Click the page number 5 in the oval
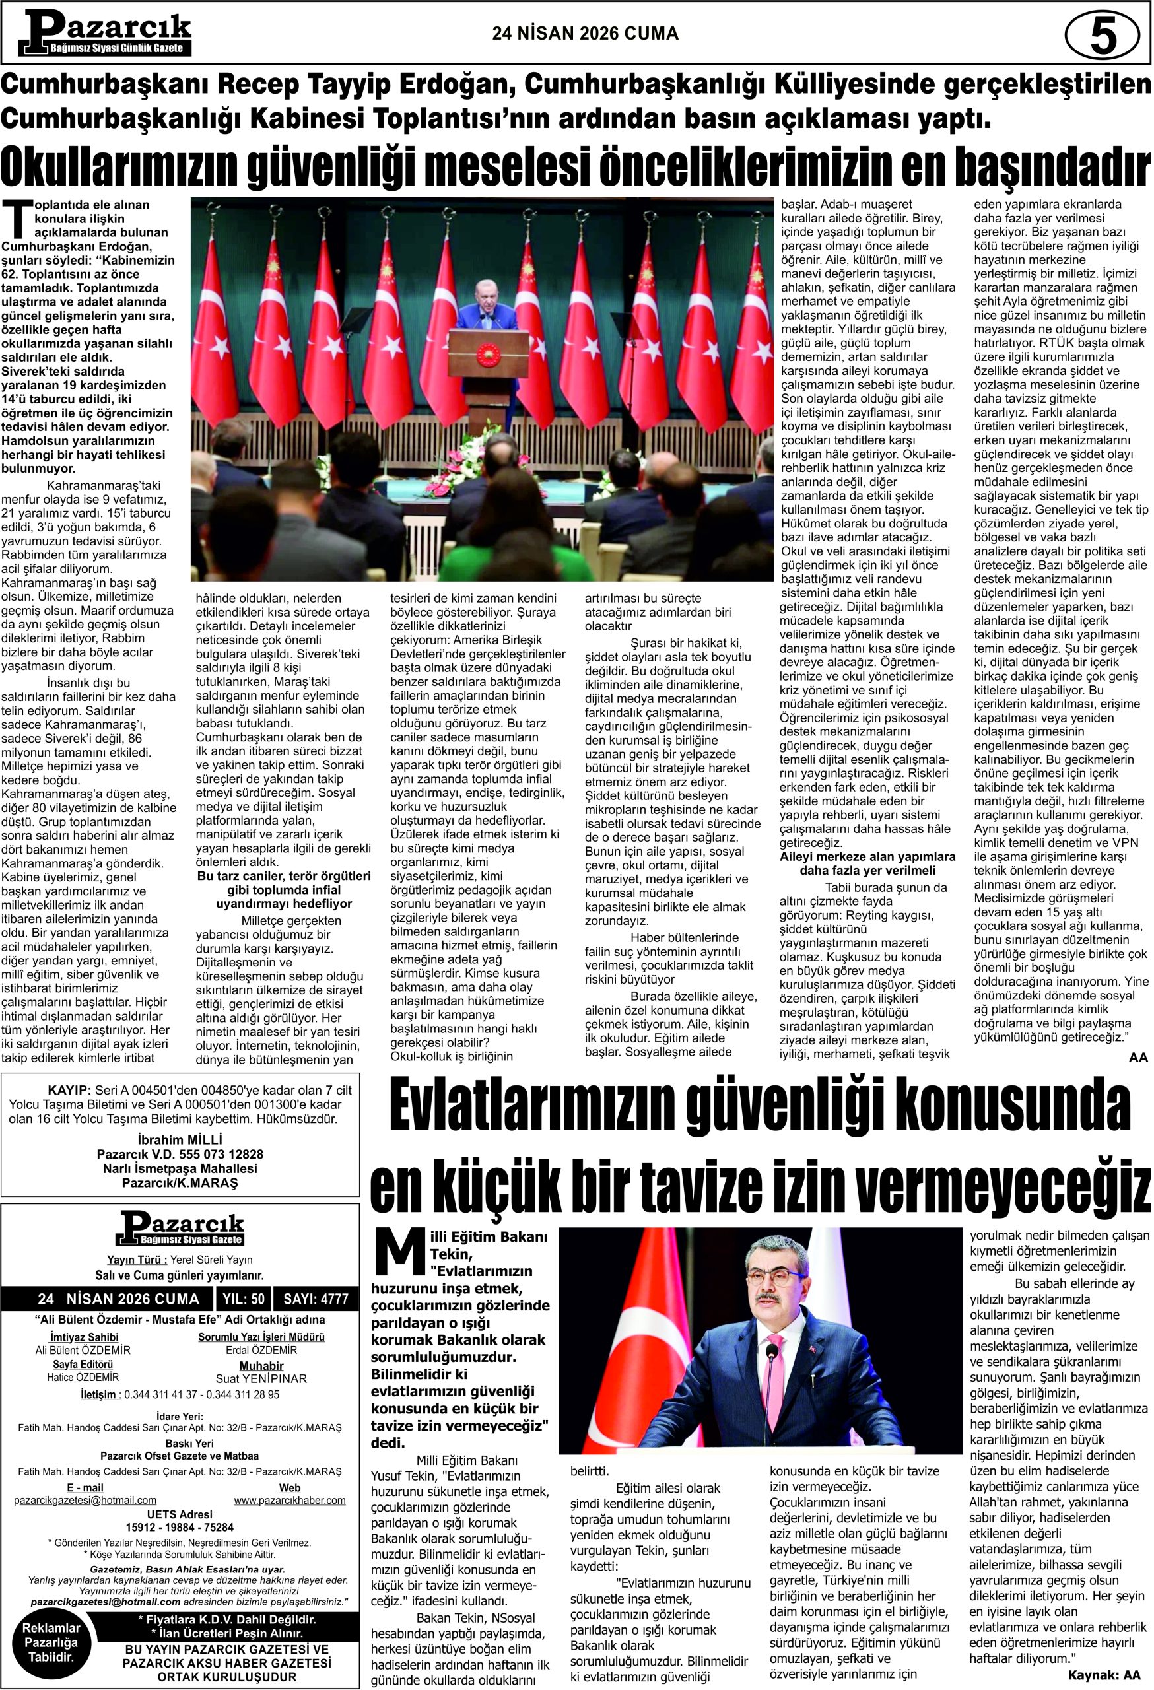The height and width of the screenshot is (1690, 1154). pos(1103,35)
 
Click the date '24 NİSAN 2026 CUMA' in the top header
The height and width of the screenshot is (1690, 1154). pos(586,34)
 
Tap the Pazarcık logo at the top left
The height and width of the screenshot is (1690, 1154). pos(106,34)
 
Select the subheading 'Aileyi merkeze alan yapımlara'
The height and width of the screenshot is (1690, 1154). pos(867,857)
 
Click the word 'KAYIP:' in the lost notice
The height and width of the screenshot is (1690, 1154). pos(69,1090)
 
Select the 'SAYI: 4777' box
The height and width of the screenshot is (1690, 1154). pos(316,1299)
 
